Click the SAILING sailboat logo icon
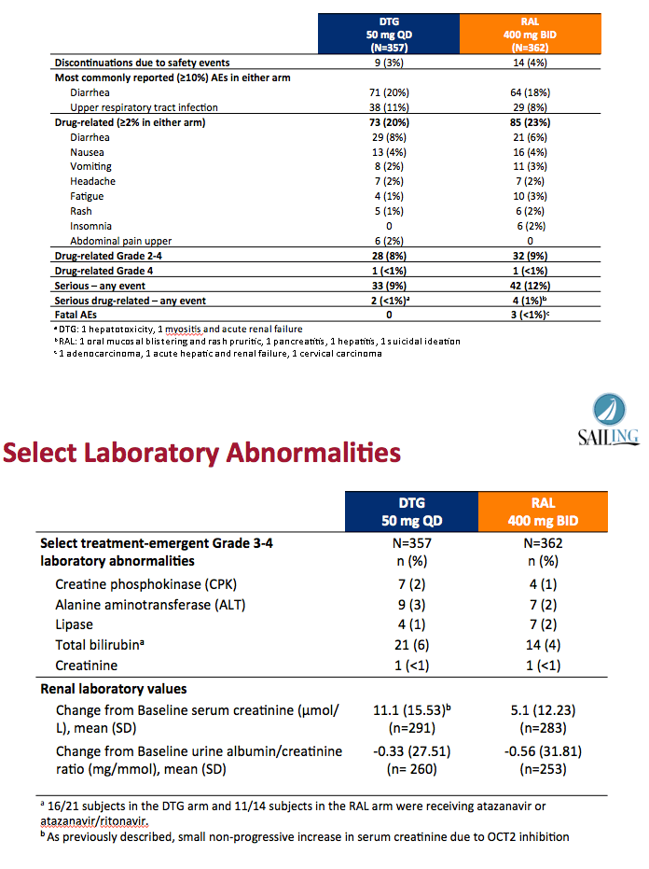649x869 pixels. coord(609,410)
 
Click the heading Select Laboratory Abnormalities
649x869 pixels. coord(201,452)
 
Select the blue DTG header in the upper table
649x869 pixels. coord(389,34)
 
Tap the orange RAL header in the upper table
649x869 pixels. coord(530,34)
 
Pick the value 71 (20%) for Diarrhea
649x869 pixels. coord(389,92)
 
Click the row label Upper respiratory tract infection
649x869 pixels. coord(144,107)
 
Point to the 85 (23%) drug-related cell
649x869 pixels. coord(530,122)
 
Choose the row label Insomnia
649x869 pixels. coord(90,226)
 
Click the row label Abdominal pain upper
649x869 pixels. coord(120,241)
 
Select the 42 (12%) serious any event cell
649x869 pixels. coord(530,286)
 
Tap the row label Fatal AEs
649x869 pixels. coord(76,315)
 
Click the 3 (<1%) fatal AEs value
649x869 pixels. coord(530,315)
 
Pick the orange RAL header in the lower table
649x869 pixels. coord(543,512)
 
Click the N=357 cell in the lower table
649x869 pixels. coord(411,543)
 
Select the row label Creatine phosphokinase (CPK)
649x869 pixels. coord(145,584)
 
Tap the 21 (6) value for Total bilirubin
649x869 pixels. coord(411,645)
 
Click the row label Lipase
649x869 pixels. coord(75,624)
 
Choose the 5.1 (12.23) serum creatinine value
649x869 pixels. coord(543,710)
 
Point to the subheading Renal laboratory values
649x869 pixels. coord(114,689)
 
